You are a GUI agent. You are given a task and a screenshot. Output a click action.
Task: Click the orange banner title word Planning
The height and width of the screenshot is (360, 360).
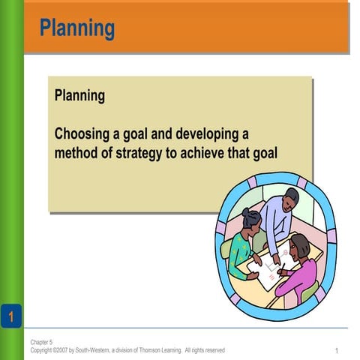coord(77,28)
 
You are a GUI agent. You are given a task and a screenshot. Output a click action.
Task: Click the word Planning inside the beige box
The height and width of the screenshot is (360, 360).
coord(79,97)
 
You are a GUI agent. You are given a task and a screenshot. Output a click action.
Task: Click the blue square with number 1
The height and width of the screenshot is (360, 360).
coord(10,316)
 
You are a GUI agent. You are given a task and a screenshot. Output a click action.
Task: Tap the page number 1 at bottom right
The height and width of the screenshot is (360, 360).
coord(337,351)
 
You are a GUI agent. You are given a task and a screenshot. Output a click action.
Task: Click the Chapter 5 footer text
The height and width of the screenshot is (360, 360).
coord(42,342)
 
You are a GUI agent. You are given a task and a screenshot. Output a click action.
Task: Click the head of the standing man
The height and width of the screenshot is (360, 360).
coord(290,199)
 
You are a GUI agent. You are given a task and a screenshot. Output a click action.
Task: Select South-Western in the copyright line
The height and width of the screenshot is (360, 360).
coord(93,350)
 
